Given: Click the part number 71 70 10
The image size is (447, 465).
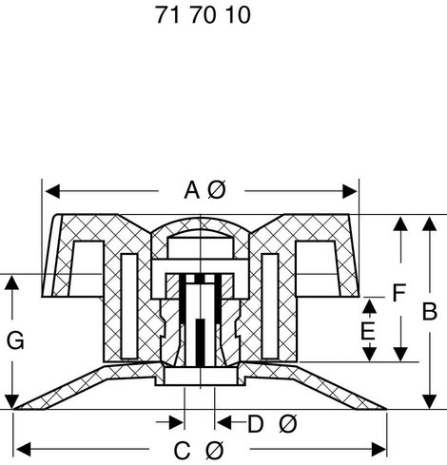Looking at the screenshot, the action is click(x=203, y=15).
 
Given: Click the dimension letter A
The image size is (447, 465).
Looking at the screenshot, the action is click(x=192, y=190).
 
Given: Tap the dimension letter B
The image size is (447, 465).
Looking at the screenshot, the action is click(x=430, y=311).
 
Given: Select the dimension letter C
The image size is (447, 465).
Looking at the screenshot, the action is click(x=182, y=451).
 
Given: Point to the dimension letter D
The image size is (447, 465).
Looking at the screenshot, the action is click(x=255, y=424).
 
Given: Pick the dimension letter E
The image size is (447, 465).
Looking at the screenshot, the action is click(x=368, y=331).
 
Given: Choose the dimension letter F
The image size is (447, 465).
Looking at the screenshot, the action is click(x=398, y=293).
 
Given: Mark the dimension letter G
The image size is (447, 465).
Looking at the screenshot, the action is click(x=15, y=340).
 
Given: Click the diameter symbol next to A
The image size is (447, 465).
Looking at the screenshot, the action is click(x=217, y=190).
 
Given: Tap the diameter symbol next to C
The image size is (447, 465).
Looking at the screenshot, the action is click(x=215, y=451).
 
